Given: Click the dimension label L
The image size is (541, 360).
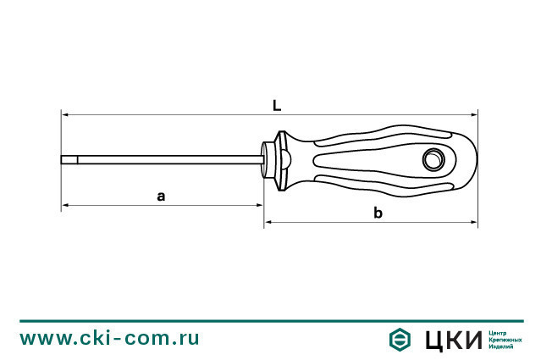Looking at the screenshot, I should coord(277,106).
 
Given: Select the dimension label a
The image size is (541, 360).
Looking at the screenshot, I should coord(161,196).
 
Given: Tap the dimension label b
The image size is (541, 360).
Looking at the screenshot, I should coord(378,213).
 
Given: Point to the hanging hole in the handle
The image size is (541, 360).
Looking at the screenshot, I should coord(434,158).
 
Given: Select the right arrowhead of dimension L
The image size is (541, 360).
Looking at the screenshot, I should coord(475,114).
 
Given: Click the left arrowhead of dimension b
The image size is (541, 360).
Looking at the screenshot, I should coord(269,223).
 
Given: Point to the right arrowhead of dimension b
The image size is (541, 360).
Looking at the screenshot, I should coord(475,223).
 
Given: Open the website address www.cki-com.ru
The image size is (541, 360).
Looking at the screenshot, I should coord(110,338).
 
